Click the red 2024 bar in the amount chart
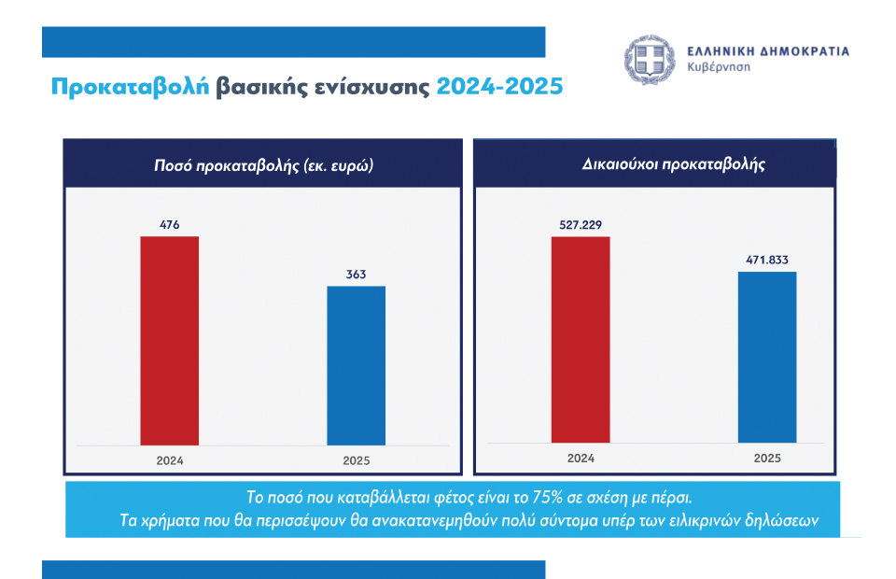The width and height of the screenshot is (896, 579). [169, 341]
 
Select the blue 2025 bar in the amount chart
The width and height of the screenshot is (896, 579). [356, 365]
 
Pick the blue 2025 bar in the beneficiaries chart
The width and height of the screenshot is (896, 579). [767, 357]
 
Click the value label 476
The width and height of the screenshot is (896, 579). [169, 225]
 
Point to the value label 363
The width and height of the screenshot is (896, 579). [356, 275]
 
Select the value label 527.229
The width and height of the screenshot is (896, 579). [581, 225]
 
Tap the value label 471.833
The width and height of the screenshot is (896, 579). [767, 261]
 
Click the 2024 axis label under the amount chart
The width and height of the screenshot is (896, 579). [169, 460]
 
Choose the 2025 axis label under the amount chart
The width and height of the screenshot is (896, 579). [356, 460]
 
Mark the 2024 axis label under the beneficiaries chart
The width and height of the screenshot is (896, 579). [581, 458]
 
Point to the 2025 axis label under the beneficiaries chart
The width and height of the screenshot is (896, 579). [767, 458]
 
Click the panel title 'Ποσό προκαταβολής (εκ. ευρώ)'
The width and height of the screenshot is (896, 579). [264, 164]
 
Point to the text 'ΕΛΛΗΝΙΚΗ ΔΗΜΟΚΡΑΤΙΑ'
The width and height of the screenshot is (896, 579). [768, 51]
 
